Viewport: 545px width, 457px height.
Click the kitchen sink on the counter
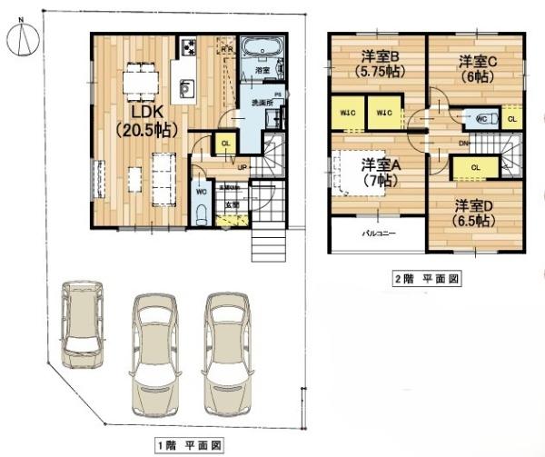pos(186,88)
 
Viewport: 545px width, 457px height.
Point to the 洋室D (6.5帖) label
pos(474,212)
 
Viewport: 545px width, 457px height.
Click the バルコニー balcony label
pos(377,233)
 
